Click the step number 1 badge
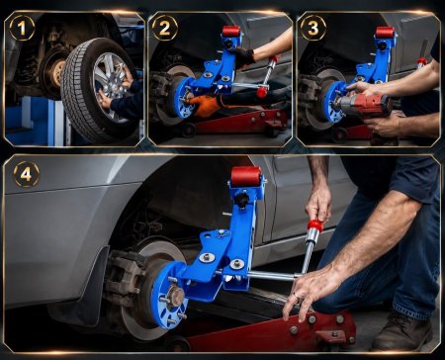tap(22, 28)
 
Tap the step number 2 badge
tap(165, 28)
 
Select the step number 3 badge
tap(313, 28)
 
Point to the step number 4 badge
tap(27, 174)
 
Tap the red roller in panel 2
tap(231, 32)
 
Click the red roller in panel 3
tap(385, 33)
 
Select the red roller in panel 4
tap(246, 176)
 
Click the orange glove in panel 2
tap(205, 106)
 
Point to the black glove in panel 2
tap(244, 56)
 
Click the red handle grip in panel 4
tap(315, 225)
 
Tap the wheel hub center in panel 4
tap(175, 297)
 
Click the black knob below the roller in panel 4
tap(242, 199)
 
